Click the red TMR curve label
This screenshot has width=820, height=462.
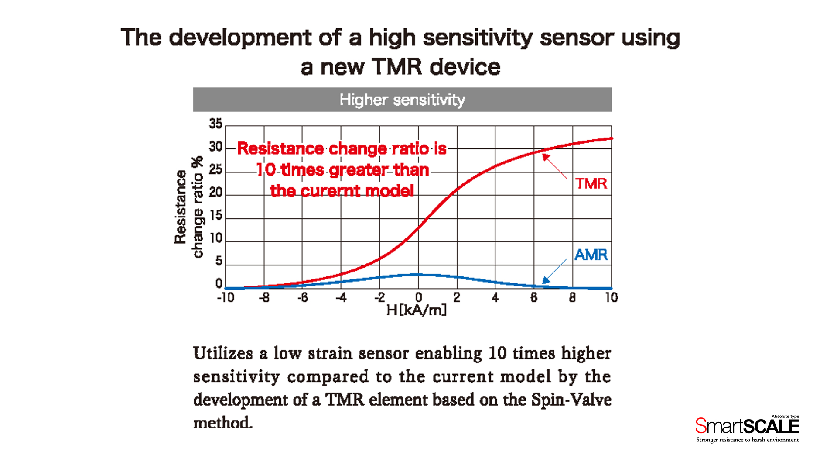(591, 183)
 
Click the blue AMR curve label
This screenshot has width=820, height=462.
(591, 255)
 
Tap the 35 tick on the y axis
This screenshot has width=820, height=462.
(215, 124)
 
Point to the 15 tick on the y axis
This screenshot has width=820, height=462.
(215, 216)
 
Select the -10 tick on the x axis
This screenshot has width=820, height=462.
(225, 298)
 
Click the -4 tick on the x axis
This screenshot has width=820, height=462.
(341, 298)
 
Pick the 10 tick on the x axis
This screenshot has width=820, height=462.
(611, 298)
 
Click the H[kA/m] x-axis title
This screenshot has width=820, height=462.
(417, 310)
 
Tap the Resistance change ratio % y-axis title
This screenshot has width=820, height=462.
(188, 207)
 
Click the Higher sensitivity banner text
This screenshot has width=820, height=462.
(402, 100)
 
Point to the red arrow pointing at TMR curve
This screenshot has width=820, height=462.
(554, 166)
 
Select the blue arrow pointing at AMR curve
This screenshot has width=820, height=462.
(554, 271)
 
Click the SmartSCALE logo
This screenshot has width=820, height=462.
(747, 425)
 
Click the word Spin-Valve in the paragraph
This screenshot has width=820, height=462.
(571, 400)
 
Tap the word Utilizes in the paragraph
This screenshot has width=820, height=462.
(223, 353)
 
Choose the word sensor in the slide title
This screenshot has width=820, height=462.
(577, 38)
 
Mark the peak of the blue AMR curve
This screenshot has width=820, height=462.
(418, 275)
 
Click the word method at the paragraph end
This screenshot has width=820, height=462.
(222, 423)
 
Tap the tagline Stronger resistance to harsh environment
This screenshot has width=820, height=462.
(747, 440)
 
